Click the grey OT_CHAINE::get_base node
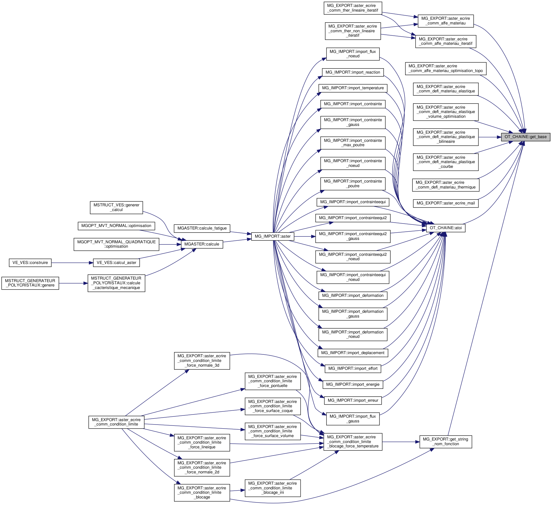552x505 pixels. pos(525,137)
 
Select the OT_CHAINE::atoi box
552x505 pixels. pos(446,228)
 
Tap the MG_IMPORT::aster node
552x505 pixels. pos(272,236)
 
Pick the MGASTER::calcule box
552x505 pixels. pos(202,244)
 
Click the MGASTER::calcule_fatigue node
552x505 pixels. pos(202,228)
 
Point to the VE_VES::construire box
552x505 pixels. pos(30,263)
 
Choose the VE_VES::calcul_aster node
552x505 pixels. pos(116,263)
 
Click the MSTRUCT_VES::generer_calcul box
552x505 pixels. pos(116,207)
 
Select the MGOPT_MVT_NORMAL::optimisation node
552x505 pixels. pos(116,226)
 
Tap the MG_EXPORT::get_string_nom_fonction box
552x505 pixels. pos(445,441)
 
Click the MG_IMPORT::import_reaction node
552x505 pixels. pos(353,72)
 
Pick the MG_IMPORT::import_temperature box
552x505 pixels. pos(353,88)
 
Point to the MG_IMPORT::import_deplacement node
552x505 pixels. pos(353,353)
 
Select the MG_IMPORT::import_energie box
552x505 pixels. pos(353,384)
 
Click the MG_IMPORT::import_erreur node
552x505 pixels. pos(353,400)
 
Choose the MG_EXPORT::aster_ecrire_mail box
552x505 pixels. pos(446,203)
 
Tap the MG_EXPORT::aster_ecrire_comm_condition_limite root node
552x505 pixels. pos(116,422)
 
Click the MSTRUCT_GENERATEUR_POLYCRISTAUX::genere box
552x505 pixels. pos(30,283)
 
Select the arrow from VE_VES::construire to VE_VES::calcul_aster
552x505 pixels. pos(72,263)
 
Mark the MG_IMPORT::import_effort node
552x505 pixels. pos(353,368)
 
